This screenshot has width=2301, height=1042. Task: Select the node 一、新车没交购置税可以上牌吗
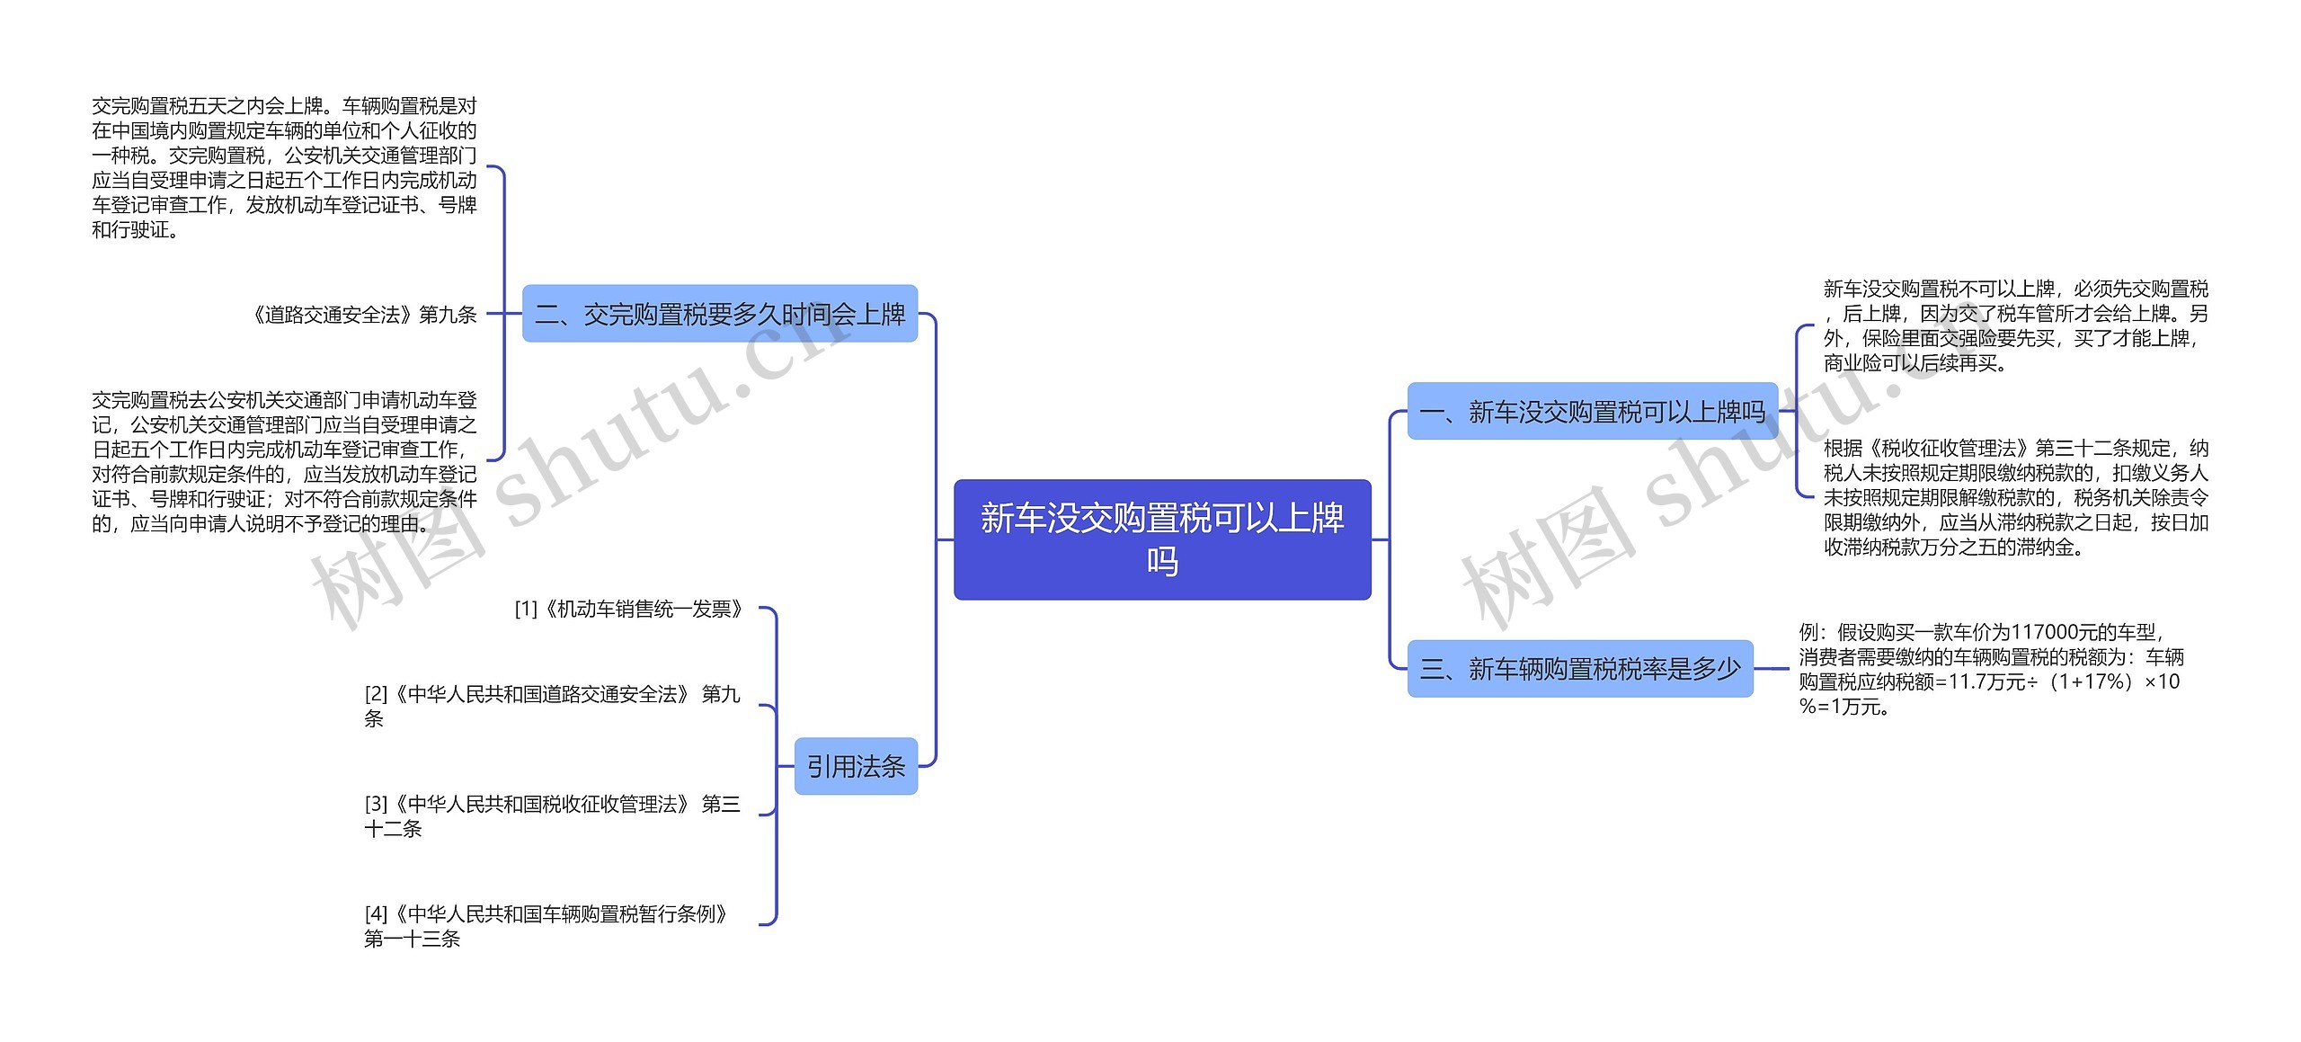tap(1592, 412)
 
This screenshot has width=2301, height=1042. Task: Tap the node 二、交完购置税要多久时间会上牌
tap(719, 314)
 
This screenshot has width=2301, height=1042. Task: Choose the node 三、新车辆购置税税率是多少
tap(1579, 668)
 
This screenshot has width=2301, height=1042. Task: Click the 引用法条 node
tap(855, 766)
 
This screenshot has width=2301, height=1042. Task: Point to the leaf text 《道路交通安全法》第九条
tap(364, 315)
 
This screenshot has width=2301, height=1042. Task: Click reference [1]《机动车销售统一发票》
tap(629, 610)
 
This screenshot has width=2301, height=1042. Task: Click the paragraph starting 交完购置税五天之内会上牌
tap(284, 168)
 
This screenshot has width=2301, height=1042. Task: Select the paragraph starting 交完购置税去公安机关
tap(284, 461)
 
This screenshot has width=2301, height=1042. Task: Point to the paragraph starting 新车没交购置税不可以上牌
tap(2015, 325)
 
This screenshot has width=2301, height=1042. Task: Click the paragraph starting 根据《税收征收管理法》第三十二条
tap(2015, 497)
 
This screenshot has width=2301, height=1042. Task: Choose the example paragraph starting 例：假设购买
tap(1990, 669)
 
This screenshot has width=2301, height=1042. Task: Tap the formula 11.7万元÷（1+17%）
tap(2040, 681)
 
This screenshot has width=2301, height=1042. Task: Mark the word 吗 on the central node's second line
tap(1161, 562)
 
